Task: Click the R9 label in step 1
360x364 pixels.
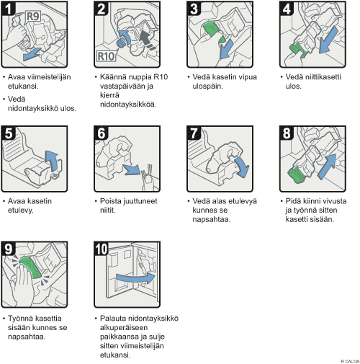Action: click(33, 17)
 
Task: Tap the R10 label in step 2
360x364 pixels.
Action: click(106, 56)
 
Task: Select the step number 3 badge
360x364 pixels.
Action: click(194, 9)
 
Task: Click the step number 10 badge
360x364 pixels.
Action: click(101, 249)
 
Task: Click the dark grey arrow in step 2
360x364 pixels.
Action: click(147, 38)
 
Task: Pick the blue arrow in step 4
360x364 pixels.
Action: click(328, 40)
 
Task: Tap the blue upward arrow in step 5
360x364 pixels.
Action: click(53, 161)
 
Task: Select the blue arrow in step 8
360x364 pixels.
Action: click(328, 167)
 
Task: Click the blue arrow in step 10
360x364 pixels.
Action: click(135, 278)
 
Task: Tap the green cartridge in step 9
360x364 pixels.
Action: click(31, 267)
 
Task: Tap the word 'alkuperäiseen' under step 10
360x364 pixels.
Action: click(124, 327)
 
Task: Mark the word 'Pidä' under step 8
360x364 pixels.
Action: click(293, 201)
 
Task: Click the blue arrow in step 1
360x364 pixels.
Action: click(32, 54)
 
